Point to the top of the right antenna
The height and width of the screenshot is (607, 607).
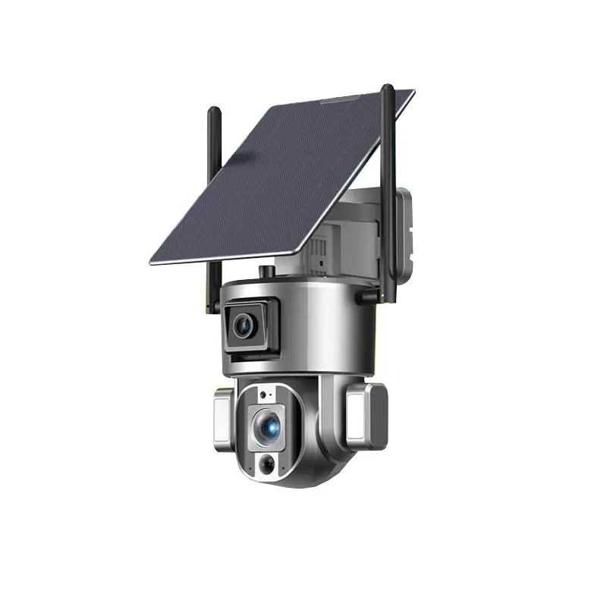[x=388, y=89]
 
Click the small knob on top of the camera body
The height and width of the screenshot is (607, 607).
[x=266, y=271]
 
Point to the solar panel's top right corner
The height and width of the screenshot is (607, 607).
[x=414, y=92]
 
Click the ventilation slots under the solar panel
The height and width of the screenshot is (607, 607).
[x=319, y=247]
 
